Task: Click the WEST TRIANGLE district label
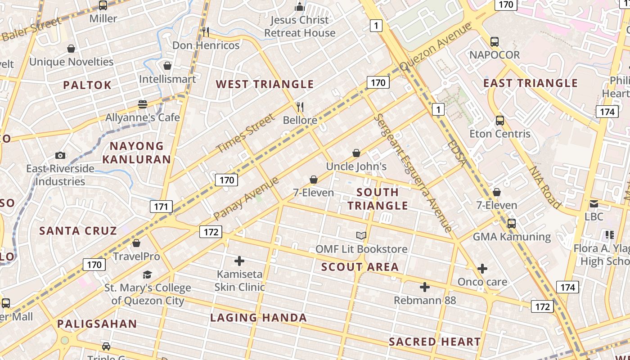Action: click(265, 84)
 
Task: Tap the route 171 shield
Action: click(161, 207)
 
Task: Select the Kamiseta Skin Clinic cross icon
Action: click(239, 261)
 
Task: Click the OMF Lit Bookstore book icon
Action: click(361, 235)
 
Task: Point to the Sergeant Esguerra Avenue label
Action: click(413, 172)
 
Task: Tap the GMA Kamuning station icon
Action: click(512, 224)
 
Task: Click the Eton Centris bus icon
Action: click(500, 121)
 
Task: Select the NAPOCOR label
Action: click(495, 55)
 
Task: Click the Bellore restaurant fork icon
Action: click(300, 107)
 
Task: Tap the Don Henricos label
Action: click(206, 45)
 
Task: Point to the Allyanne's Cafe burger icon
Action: click(143, 104)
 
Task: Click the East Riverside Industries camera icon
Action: click(60, 155)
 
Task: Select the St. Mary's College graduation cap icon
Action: click(148, 274)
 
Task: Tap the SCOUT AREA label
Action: click(360, 267)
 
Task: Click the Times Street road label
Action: click(245, 134)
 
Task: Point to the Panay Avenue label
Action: click(246, 199)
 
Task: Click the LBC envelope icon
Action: click(594, 203)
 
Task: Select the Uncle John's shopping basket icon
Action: click(356, 153)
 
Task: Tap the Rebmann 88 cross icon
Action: click(424, 287)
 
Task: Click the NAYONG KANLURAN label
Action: click(136, 153)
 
